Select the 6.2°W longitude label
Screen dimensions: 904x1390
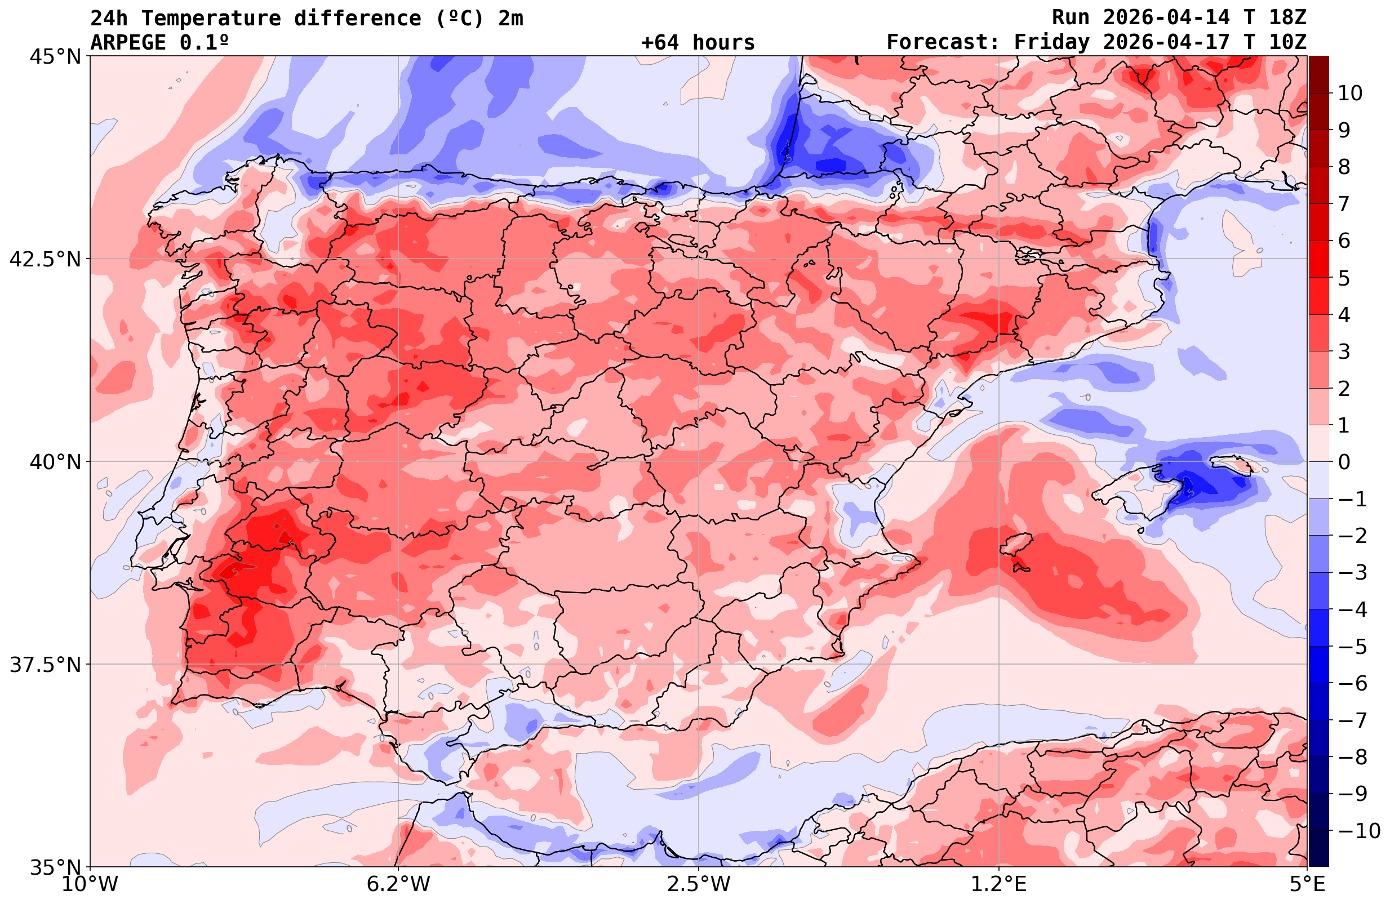point(398,884)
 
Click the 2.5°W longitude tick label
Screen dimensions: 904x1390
point(699,884)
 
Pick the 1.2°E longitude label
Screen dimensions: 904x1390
point(999,884)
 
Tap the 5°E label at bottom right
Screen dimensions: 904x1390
point(1307,884)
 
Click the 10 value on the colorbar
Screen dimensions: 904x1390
point(1351,93)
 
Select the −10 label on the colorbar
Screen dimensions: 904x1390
point(1358,830)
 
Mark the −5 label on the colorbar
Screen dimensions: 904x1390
point(1352,647)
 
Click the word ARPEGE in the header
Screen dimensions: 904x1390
point(128,43)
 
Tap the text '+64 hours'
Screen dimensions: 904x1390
point(698,43)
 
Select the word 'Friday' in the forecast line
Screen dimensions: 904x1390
point(1052,43)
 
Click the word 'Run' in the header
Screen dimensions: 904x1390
point(1071,18)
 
